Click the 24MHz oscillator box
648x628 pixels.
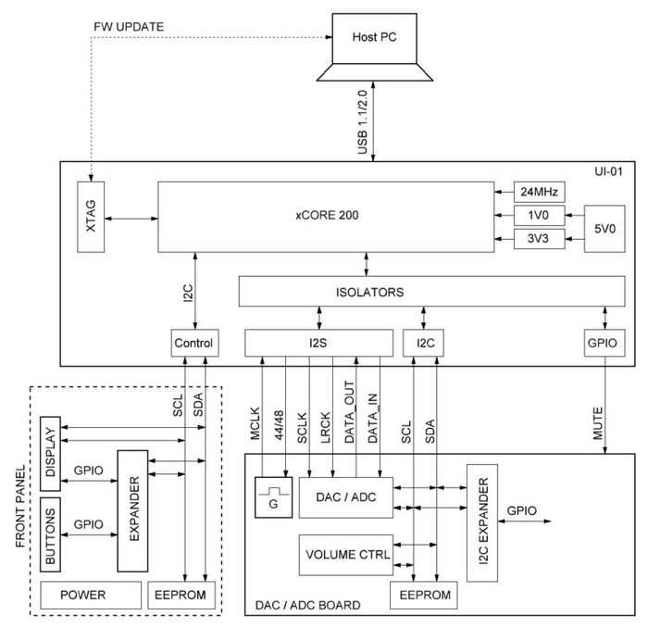pyautogui.click(x=540, y=194)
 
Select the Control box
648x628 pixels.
pyautogui.click(x=193, y=344)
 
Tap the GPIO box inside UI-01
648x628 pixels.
pyautogui.click(x=604, y=344)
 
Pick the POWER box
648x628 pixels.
pyautogui.click(x=83, y=595)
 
